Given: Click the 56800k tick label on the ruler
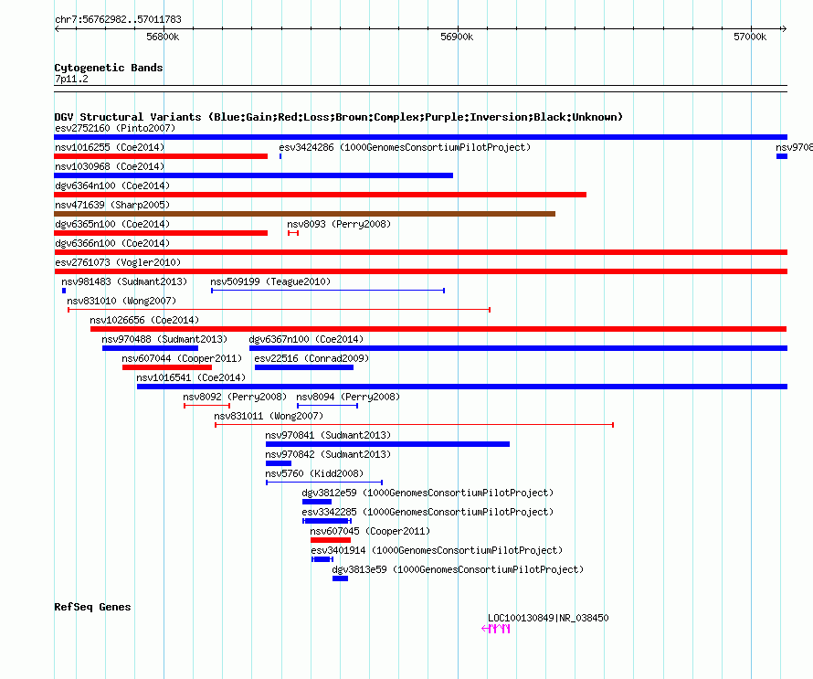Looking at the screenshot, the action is click(163, 37).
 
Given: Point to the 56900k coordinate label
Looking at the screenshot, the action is click(457, 37).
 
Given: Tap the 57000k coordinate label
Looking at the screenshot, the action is click(750, 37).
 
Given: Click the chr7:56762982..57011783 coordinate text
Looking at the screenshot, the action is click(118, 20).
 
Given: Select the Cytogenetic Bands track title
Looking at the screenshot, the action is click(109, 68).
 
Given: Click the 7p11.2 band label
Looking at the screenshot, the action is click(71, 79).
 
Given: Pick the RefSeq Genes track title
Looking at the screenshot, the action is click(92, 607).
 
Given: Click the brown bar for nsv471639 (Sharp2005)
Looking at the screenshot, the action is click(305, 214).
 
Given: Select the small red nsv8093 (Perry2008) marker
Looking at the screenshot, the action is click(293, 233).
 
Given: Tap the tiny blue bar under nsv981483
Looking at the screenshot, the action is click(64, 291).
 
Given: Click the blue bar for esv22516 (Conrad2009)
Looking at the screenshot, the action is click(304, 367).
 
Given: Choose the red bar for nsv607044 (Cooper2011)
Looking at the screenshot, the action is click(167, 367).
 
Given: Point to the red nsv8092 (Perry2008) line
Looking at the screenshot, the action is click(206, 406).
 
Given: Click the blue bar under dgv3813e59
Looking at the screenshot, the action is click(340, 578).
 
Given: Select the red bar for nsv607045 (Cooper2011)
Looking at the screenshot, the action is click(331, 540).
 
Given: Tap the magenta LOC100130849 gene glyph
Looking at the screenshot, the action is click(496, 629).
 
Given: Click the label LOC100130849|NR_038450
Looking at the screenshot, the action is click(548, 618).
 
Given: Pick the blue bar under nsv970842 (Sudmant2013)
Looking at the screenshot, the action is click(279, 463).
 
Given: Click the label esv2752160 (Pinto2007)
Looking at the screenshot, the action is click(115, 128).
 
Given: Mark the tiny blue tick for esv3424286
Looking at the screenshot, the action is click(280, 156).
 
